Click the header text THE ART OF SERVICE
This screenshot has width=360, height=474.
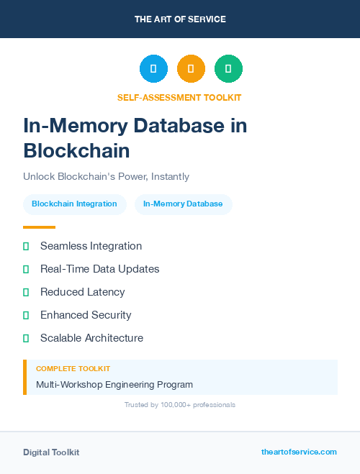click(180, 19)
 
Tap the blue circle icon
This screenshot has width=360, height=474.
click(153, 68)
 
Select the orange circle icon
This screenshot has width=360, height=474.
click(191, 68)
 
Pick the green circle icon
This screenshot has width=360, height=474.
click(228, 68)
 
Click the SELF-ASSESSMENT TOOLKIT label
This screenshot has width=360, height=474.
click(179, 97)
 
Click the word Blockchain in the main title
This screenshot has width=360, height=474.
click(76, 151)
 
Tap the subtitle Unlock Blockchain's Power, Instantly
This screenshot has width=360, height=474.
click(106, 176)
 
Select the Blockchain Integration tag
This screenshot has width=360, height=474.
click(74, 204)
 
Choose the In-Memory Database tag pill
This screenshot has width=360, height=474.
click(183, 204)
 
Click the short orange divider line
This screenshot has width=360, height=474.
click(39, 227)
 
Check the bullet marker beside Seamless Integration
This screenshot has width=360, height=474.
click(26, 246)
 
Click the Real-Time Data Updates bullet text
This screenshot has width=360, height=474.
click(99, 269)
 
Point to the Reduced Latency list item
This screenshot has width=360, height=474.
click(82, 292)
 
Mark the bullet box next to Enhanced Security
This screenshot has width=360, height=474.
click(26, 315)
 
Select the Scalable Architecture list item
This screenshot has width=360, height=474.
click(91, 338)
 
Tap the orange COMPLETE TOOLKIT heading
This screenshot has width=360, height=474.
click(73, 369)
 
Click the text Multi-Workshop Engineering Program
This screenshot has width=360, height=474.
click(114, 385)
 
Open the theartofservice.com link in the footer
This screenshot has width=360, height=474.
click(299, 452)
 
